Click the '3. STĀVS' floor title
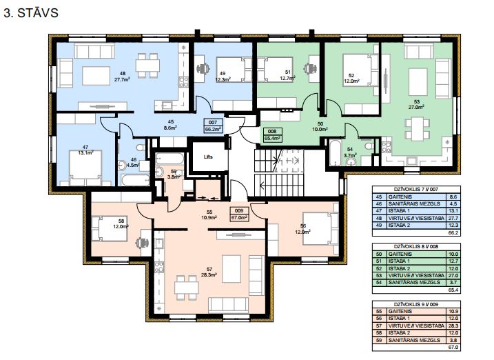(x=31, y=13)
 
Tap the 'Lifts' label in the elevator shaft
(x=208, y=157)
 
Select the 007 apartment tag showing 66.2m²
(x=213, y=126)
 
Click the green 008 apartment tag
(x=272, y=135)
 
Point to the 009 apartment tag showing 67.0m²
(x=239, y=214)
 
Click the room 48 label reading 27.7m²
(x=122, y=77)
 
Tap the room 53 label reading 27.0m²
(x=416, y=104)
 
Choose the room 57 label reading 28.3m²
(x=209, y=272)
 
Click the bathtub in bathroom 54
(x=336, y=153)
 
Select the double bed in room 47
(x=85, y=168)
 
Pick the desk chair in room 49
(x=203, y=68)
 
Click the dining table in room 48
(x=147, y=66)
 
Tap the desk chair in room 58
(x=142, y=243)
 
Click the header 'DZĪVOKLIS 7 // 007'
(x=416, y=189)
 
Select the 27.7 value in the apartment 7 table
(x=453, y=218)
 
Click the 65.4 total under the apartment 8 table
(x=453, y=290)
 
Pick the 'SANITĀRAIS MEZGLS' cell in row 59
(x=414, y=340)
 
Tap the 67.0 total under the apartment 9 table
(x=453, y=348)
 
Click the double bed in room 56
(x=317, y=228)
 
